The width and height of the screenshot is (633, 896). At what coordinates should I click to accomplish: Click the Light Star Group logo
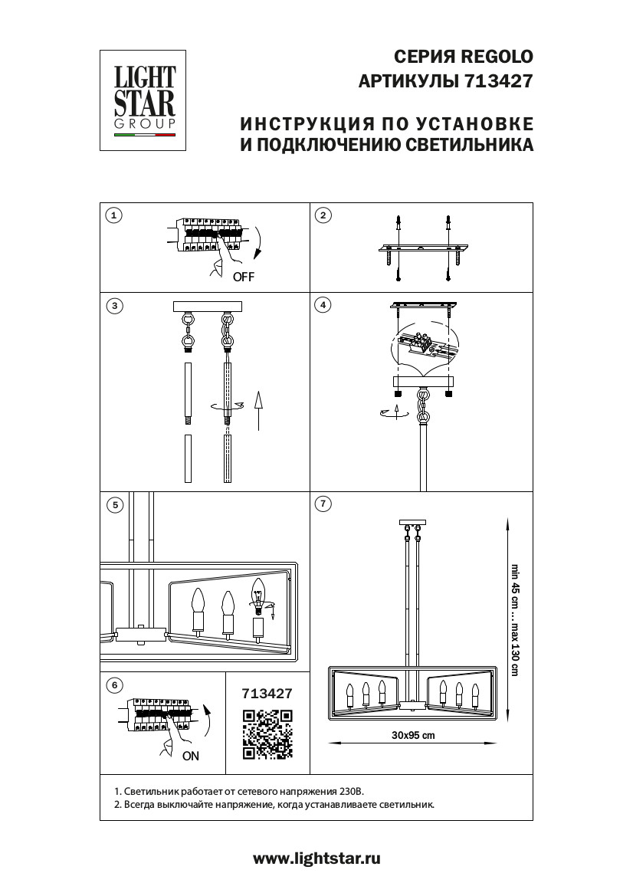coord(145,100)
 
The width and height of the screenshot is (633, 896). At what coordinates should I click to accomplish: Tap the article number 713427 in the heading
coord(498,80)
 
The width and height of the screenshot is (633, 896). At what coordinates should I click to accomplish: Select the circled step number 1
coord(113,215)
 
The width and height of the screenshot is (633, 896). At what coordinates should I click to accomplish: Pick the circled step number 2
coord(323,215)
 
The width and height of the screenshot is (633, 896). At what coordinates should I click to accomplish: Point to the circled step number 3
coord(113,306)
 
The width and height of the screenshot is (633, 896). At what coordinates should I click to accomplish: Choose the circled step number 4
coord(323,306)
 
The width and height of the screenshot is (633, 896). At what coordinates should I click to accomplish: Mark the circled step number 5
coord(113,504)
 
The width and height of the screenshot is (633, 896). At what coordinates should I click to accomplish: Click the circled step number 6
coord(113,684)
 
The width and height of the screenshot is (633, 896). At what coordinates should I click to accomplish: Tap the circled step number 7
coord(323,504)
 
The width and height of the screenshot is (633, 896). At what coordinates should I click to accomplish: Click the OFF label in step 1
coord(243,277)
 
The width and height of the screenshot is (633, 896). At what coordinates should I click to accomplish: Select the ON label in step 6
coord(191,756)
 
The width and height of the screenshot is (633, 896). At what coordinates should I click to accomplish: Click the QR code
coord(267,734)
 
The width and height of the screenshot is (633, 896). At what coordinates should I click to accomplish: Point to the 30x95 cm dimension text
coord(412,735)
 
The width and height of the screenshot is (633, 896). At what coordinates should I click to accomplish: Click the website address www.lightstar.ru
coord(316,858)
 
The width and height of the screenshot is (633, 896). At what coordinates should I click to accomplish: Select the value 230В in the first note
coord(355,790)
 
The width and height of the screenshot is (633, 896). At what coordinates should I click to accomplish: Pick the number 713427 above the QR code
coord(267,694)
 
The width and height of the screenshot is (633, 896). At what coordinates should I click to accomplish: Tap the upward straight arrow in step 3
coord(258,411)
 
